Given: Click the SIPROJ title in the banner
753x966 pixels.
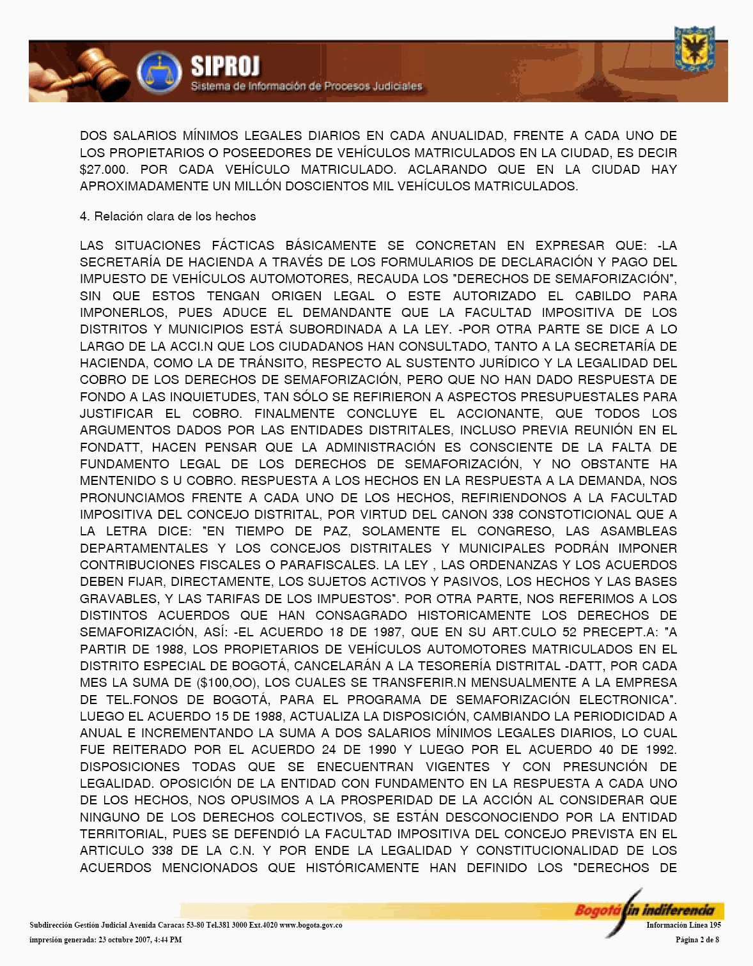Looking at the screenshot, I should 225,66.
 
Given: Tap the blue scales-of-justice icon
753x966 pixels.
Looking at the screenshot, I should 159,72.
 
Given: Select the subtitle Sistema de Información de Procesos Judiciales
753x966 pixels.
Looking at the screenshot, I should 306,86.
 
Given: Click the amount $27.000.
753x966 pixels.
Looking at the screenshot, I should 104,170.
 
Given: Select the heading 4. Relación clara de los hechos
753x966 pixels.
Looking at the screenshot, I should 167,217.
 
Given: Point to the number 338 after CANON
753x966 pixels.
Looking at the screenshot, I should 503,515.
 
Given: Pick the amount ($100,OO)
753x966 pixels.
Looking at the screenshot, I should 227,683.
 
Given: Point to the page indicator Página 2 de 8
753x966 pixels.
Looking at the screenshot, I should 697,940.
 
